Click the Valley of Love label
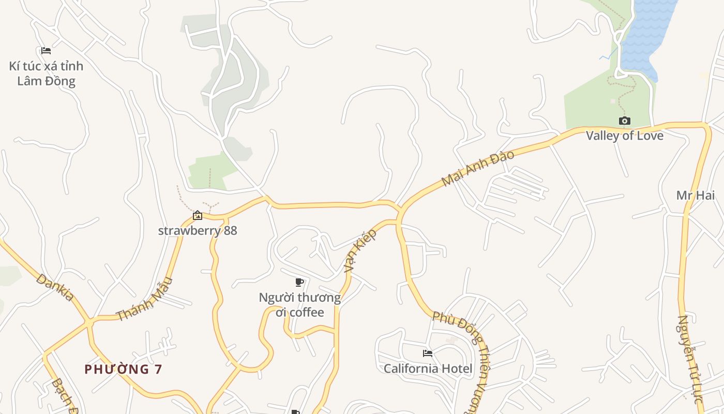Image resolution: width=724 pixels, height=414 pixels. tap(624, 136)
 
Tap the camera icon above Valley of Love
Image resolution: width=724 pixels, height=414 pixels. tap(624, 121)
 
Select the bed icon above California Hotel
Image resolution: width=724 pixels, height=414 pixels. tap(428, 353)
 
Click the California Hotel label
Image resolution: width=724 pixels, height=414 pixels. tap(428, 368)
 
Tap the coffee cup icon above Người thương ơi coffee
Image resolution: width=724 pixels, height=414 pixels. tap(299, 282)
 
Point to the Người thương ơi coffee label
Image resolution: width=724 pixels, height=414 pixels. tap(299, 305)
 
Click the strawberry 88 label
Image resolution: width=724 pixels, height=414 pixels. tap(198, 230)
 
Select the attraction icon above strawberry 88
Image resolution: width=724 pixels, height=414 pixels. tap(198, 216)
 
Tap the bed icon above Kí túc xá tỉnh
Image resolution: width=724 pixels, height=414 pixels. tap(46, 51)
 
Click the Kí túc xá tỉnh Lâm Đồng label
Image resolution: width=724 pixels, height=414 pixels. tap(46, 73)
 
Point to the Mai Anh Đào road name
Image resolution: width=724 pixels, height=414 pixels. tap(478, 168)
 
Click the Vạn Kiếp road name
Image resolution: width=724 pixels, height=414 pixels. tap(360, 251)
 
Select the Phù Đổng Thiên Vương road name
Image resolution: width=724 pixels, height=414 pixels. tap(463, 357)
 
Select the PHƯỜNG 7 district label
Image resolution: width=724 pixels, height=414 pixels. tap(124, 369)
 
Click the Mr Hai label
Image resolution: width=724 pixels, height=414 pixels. tap(696, 195)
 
